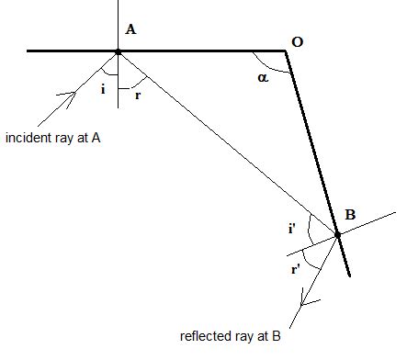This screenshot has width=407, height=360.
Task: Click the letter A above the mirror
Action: point(130,29)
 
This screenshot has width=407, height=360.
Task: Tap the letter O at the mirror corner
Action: point(297,41)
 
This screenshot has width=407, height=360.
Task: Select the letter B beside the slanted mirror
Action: point(350,215)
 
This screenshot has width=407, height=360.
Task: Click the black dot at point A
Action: point(118,51)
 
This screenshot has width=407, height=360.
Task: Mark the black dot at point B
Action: point(337,235)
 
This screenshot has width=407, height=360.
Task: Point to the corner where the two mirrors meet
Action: point(288,51)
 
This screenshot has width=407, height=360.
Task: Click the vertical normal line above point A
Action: point(118,23)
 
